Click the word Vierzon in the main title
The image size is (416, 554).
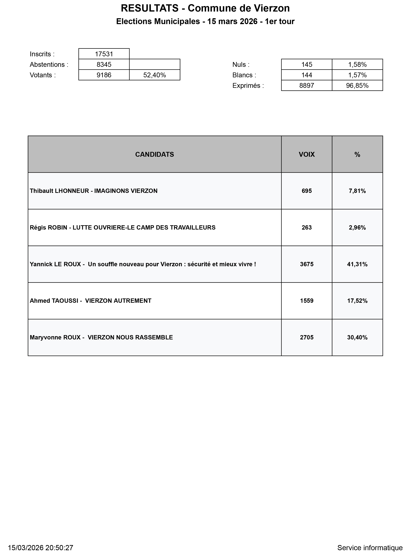(x=272, y=8)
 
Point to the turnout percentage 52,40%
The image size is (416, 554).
(x=155, y=75)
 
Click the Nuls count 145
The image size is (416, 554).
(x=307, y=65)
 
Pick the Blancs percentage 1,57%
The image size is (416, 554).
(x=357, y=75)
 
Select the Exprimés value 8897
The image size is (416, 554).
(x=307, y=86)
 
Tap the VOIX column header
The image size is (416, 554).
(x=307, y=154)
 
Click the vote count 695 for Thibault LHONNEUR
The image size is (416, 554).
(x=307, y=191)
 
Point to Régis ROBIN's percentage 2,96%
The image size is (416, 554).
(x=357, y=228)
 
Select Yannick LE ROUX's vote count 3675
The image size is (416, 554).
(x=307, y=264)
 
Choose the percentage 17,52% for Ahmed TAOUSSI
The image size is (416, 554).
(x=357, y=301)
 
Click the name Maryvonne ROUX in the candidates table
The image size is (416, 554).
(x=55, y=337)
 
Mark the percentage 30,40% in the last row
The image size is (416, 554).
(x=357, y=337)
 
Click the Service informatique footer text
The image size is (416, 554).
(x=370, y=548)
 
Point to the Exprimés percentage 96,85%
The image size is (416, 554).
(x=357, y=86)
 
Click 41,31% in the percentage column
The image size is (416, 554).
(x=357, y=264)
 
